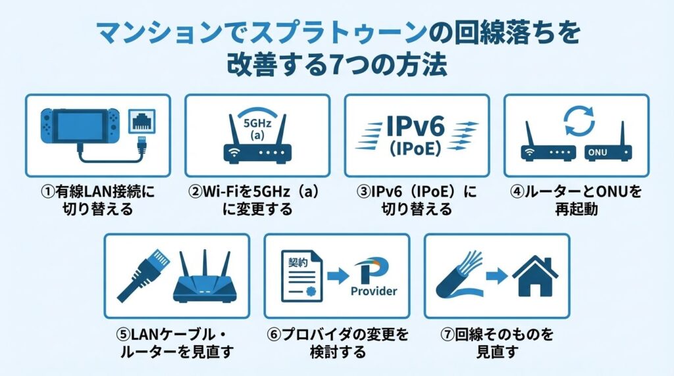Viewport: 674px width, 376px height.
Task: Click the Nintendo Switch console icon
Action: pos(80,126)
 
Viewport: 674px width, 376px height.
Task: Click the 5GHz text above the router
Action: pos(257,123)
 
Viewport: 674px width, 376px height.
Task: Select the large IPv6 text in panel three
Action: pos(415,126)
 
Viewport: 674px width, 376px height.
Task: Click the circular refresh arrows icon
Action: pos(579,120)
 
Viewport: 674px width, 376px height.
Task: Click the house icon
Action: pos(535,276)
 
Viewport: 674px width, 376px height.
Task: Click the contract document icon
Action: pos(301,276)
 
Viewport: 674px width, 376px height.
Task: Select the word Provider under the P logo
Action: pos(374,291)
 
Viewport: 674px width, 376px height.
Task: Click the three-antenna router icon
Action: pos(205,277)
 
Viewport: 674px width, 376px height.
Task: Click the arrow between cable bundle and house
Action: pos(498,275)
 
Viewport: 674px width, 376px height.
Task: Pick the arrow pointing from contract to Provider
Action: pos(338,275)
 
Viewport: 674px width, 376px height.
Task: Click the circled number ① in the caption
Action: pos(48,191)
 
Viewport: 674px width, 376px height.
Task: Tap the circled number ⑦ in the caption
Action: pos(448,335)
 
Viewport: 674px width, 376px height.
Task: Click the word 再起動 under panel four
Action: pos(577,210)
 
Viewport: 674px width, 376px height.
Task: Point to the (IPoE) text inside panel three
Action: pos(415,149)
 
